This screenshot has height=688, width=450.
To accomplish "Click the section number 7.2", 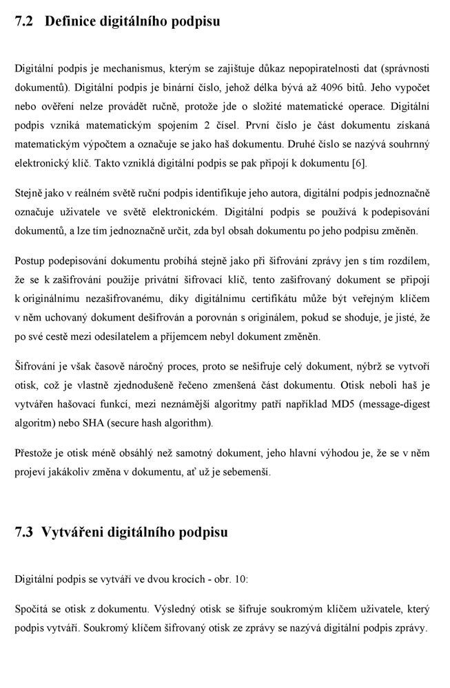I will pyautogui.click(x=24, y=21).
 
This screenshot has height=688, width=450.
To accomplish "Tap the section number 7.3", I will pyautogui.click(x=24, y=532).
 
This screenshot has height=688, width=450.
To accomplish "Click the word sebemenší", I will pyautogui.click(x=243, y=472).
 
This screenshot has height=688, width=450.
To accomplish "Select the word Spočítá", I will pyautogui.click(x=32, y=610).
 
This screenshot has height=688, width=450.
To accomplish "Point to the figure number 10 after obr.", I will pyautogui.click(x=240, y=579).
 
